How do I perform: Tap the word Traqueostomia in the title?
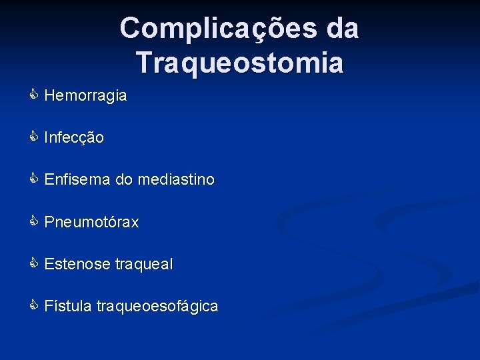pyautogui.click(x=240, y=63)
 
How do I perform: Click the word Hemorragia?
pyautogui.click(x=85, y=96)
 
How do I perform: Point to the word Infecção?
pyautogui.click(x=74, y=138)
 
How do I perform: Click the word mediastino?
pyautogui.click(x=176, y=180)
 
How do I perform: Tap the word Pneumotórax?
pyautogui.click(x=91, y=223)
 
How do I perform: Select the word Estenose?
pyautogui.click(x=77, y=265)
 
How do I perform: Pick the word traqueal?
pyautogui.click(x=143, y=265)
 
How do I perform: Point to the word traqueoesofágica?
pyautogui.click(x=157, y=307)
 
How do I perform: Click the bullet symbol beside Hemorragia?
pyautogui.click(x=33, y=95)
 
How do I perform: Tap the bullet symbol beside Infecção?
pyautogui.click(x=33, y=137)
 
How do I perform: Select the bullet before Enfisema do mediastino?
pyautogui.click(x=33, y=179)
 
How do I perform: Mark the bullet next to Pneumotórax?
pyautogui.click(x=33, y=222)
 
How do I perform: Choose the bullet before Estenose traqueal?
pyautogui.click(x=33, y=264)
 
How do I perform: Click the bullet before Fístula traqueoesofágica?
pyautogui.click(x=33, y=306)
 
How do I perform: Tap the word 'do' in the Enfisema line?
pyautogui.click(x=124, y=180)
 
